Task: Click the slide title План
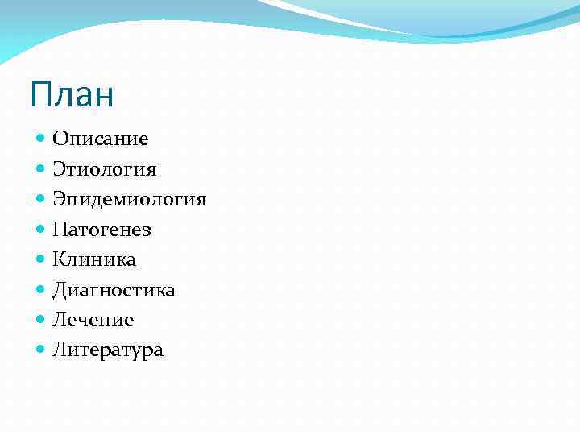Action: (72, 94)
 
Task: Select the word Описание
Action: (101, 139)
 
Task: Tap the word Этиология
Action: (105, 169)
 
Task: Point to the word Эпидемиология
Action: (130, 199)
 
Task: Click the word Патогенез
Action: (102, 230)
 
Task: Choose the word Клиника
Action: (94, 259)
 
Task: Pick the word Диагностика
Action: (114, 290)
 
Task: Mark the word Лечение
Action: (93, 320)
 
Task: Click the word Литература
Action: (108, 350)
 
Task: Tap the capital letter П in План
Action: (40, 94)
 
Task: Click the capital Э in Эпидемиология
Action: (59, 199)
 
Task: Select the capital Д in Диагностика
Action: (60, 290)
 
